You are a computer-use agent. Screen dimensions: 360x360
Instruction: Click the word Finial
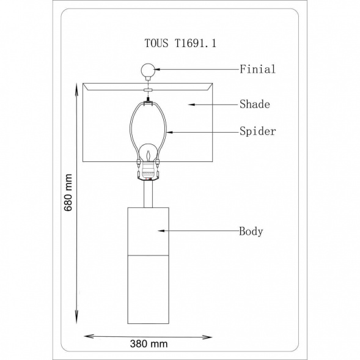(257, 69)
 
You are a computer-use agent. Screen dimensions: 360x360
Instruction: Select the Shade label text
(255, 105)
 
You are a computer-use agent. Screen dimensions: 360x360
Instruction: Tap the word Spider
(257, 131)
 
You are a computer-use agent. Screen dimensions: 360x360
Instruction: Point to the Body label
(251, 231)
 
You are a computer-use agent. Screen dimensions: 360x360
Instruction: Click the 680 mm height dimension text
(68, 193)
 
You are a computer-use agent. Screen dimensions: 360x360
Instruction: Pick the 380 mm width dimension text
(149, 343)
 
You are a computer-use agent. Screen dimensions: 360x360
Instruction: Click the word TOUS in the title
(156, 43)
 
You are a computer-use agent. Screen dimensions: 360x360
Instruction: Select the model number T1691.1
(196, 43)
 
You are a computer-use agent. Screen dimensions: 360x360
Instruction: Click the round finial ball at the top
(148, 71)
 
